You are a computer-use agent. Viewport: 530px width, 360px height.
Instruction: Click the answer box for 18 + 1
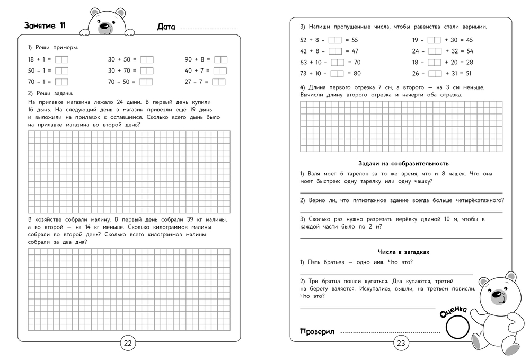point(61,60)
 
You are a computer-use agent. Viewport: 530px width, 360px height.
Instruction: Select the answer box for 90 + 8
point(220,60)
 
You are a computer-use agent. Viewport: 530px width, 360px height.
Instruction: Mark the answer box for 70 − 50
point(147,82)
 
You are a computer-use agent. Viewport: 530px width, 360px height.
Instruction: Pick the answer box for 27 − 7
point(218,82)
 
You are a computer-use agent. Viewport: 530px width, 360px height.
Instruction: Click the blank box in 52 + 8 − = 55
point(335,40)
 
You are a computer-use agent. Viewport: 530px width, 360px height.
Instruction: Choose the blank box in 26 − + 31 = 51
point(435,73)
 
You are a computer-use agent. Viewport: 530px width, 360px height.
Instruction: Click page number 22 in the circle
point(128,343)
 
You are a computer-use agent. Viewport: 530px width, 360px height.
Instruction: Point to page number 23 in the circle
point(401,343)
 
